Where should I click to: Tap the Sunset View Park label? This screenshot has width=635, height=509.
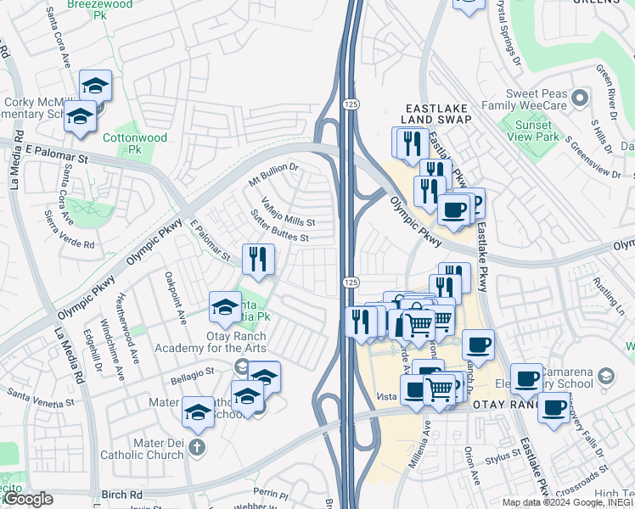click(x=537, y=130)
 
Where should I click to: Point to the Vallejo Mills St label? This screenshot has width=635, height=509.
click(x=288, y=212)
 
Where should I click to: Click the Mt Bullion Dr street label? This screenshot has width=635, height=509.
click(x=274, y=176)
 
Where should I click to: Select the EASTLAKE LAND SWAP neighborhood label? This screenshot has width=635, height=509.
click(x=436, y=115)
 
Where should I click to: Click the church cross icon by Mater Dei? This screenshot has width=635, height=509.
click(x=196, y=446)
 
